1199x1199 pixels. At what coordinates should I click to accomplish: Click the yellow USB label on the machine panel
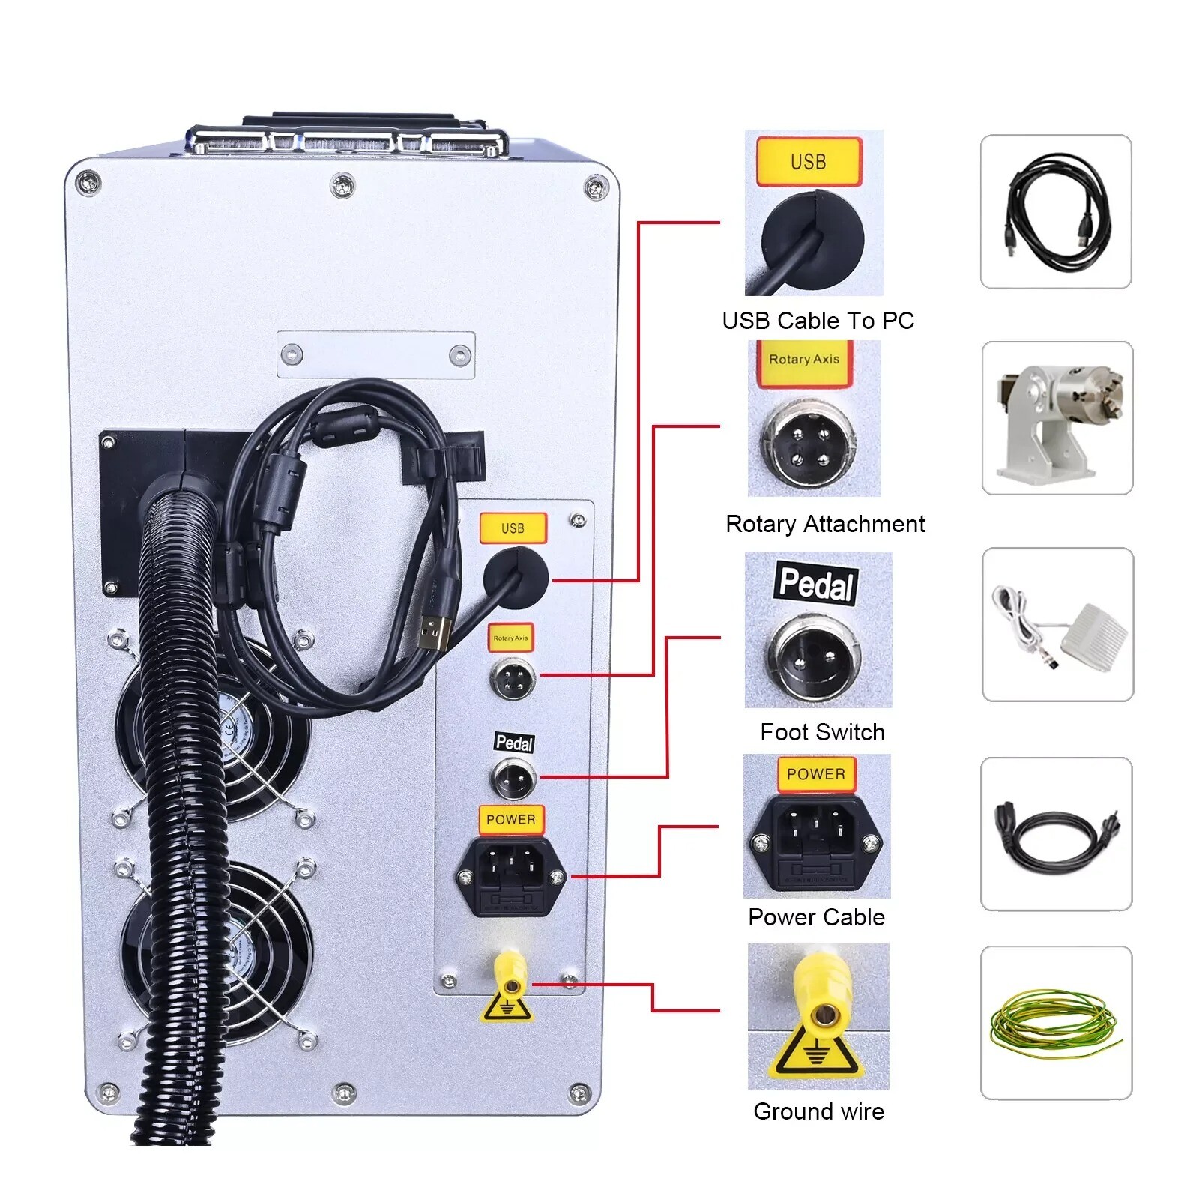(x=513, y=528)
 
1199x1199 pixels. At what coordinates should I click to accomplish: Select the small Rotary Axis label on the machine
(x=510, y=638)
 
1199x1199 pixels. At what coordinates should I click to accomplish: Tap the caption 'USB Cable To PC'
(x=818, y=321)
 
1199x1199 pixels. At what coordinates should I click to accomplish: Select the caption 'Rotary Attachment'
(x=824, y=524)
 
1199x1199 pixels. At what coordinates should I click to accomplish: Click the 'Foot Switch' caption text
(x=822, y=732)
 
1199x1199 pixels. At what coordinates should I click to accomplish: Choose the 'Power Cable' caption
(x=816, y=917)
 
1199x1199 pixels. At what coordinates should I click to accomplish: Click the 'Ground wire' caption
(x=818, y=1111)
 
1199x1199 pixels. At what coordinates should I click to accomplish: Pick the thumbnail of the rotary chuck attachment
(x=1057, y=418)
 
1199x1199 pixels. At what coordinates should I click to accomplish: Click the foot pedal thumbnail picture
(x=1057, y=624)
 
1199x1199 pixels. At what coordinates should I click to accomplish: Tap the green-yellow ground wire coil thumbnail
(x=1055, y=1023)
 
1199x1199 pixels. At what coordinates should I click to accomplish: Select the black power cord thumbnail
(x=1056, y=834)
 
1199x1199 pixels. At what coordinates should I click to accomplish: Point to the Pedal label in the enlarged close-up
(x=816, y=583)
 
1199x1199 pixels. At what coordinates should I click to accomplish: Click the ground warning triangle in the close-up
(x=814, y=1051)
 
